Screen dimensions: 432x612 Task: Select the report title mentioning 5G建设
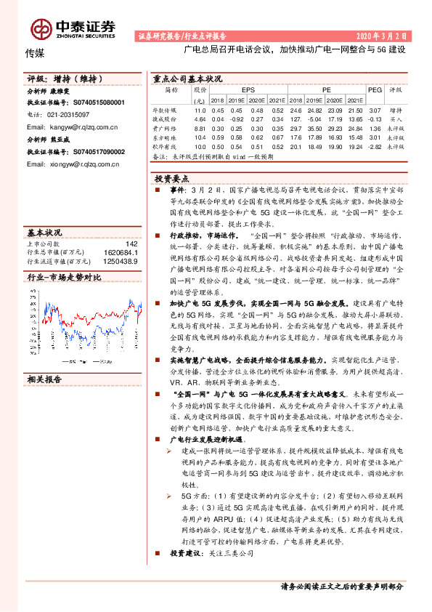point(293,52)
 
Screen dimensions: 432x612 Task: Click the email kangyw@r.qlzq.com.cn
point(72,126)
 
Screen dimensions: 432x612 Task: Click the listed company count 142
point(131,243)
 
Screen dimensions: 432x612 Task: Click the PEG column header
point(375,89)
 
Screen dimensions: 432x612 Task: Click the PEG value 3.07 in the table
point(375,110)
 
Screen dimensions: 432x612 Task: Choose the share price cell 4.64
point(200,118)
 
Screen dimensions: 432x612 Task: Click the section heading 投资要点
point(175,177)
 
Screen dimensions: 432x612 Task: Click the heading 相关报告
point(44,379)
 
